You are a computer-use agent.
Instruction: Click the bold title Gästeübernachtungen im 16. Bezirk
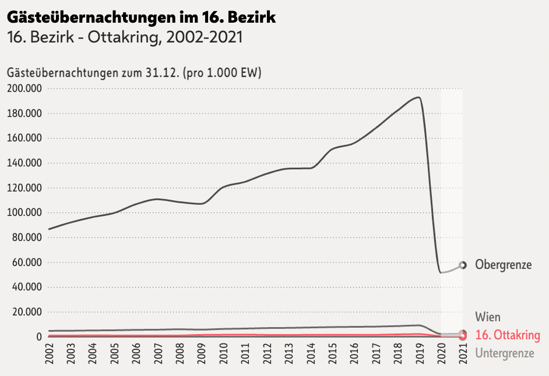(141, 17)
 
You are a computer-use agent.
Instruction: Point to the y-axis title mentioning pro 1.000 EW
(134, 73)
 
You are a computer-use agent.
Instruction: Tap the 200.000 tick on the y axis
(24, 88)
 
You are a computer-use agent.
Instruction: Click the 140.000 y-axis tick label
(24, 163)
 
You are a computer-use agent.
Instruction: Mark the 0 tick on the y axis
(40, 337)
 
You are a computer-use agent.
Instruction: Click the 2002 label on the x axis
(49, 353)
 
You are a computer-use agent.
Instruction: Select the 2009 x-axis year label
(202, 353)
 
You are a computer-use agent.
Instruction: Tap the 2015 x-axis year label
(332, 353)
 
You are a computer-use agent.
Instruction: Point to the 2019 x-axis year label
(419, 353)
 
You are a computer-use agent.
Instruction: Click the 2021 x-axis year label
(463, 353)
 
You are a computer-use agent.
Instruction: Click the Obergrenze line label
(503, 265)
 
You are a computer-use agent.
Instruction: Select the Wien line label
(488, 317)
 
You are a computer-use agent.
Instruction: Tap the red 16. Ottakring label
(508, 335)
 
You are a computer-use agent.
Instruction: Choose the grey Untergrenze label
(504, 353)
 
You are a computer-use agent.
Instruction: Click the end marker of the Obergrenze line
(463, 265)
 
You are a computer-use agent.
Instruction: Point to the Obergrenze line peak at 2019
(417, 97)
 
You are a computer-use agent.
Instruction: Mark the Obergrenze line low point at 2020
(441, 272)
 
